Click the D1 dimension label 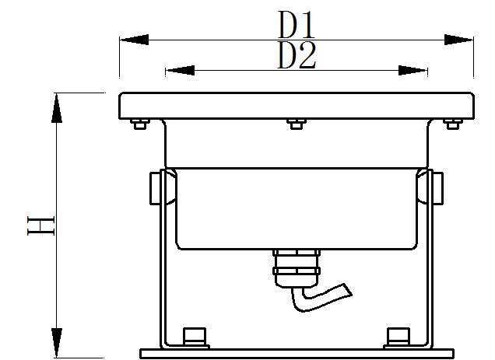click(297, 26)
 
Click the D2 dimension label click(297, 56)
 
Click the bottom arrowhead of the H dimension click(56, 342)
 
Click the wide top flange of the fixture click(296, 105)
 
